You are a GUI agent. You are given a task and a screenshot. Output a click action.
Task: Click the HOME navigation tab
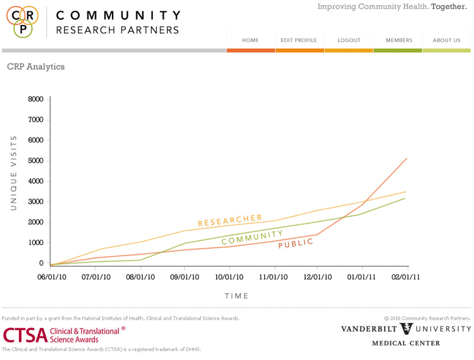tap(251, 40)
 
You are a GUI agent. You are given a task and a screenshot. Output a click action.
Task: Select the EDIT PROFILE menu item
tap(299, 40)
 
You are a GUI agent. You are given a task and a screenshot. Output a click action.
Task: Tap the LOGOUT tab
tap(349, 40)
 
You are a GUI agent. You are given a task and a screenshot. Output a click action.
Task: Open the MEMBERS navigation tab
tap(399, 40)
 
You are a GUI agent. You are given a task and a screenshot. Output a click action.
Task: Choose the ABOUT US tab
tap(447, 40)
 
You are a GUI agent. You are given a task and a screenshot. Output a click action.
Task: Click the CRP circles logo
tap(23, 21)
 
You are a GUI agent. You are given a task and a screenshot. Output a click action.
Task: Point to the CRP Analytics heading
tap(36, 67)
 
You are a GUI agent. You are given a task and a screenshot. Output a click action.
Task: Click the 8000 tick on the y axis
tap(36, 99)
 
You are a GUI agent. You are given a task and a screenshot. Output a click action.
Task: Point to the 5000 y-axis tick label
tap(36, 161)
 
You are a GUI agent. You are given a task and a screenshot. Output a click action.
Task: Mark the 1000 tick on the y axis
tap(36, 243)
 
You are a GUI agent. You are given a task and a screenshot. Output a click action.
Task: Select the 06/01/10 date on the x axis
tap(52, 277)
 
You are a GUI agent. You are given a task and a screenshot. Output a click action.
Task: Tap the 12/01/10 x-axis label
tap(318, 277)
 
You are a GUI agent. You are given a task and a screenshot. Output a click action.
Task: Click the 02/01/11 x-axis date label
tap(406, 277)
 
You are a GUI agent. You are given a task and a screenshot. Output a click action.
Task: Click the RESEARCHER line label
tap(230, 221)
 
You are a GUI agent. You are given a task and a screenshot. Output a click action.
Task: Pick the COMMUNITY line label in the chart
tap(252, 237)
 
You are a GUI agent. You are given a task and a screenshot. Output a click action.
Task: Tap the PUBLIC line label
tap(296, 243)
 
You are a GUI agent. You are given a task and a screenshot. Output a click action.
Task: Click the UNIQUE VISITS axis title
tap(13, 173)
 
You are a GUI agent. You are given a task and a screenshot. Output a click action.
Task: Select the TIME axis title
tap(237, 296)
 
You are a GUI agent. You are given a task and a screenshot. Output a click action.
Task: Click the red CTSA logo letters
tap(25, 335)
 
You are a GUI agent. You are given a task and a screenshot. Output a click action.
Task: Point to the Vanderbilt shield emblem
tap(407, 329)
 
